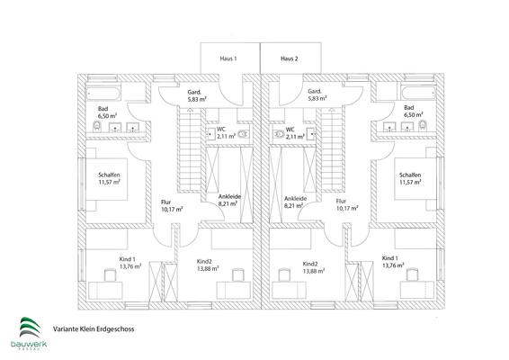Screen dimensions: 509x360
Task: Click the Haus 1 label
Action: [228, 58]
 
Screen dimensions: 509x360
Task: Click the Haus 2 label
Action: [290, 58]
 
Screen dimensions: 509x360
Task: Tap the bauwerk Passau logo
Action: [29, 334]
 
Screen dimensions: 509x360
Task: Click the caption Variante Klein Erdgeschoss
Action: [94, 329]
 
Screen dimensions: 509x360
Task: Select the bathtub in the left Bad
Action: [103, 94]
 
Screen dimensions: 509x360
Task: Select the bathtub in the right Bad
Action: [418, 94]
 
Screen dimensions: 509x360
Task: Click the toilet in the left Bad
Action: [97, 126]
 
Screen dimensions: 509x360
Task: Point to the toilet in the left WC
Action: [243, 134]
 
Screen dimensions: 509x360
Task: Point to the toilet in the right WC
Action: [279, 134]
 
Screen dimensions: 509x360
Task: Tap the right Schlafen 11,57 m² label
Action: [410, 179]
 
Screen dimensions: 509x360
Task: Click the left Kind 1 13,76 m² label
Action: [130, 263]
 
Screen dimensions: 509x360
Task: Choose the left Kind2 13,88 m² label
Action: [208, 265]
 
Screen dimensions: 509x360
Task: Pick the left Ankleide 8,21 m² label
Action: [229, 200]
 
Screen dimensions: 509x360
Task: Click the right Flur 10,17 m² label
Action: [347, 204]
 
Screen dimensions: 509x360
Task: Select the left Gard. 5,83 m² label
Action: [197, 95]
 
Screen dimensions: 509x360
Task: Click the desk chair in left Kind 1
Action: [110, 274]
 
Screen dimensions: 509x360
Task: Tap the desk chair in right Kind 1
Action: [413, 274]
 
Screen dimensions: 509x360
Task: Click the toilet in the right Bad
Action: [423, 125]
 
